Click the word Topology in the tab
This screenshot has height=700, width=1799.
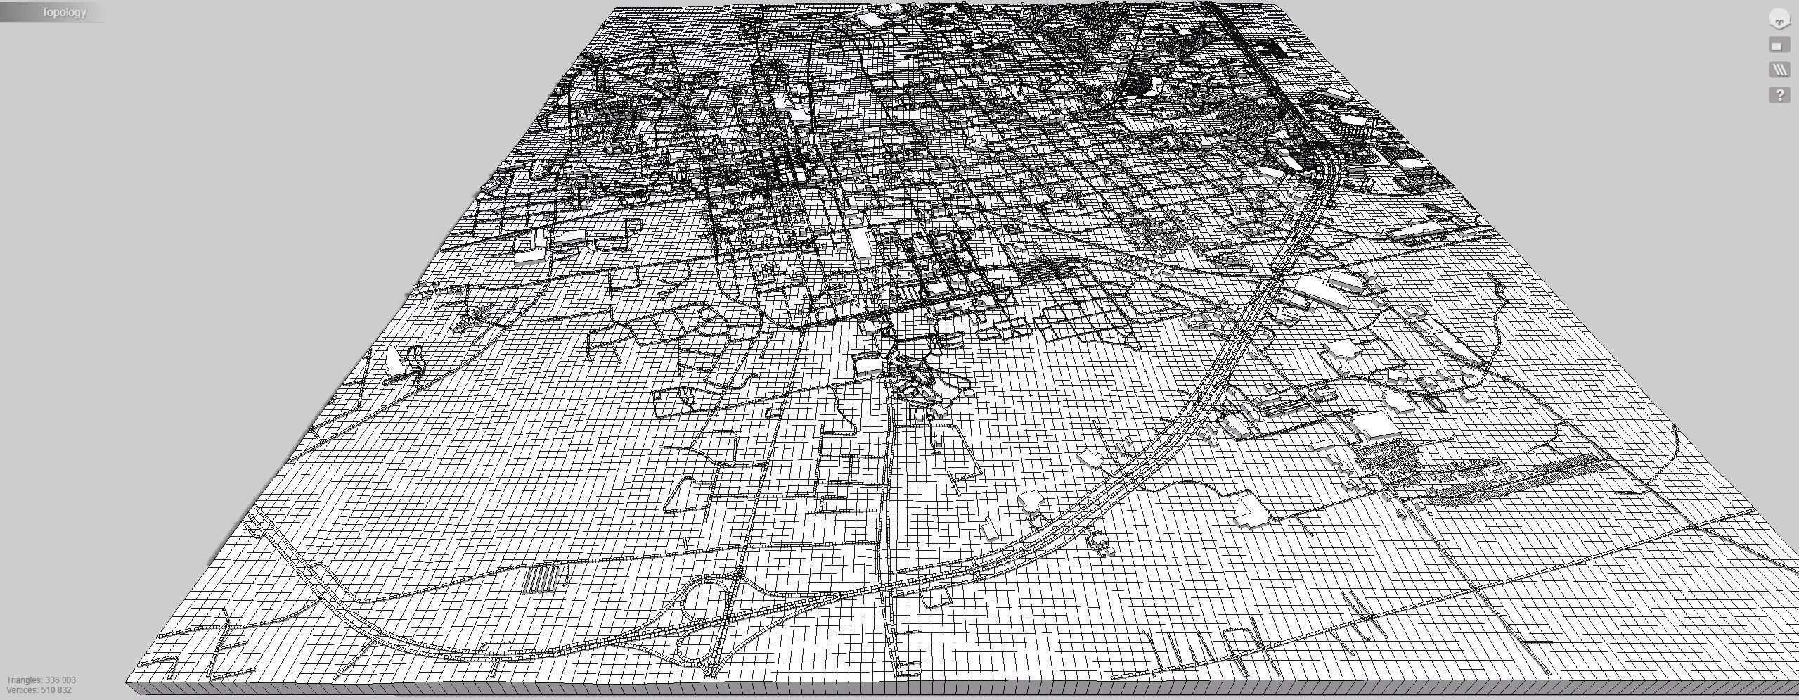[63, 13]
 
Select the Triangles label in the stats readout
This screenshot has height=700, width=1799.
[23, 680]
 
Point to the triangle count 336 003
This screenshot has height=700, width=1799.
[60, 680]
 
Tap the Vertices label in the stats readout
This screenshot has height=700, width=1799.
[22, 690]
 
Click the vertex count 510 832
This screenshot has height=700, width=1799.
[56, 690]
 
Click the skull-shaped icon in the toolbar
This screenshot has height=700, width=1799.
[1779, 20]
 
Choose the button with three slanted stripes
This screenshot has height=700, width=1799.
[1779, 70]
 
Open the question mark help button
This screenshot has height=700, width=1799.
[1779, 95]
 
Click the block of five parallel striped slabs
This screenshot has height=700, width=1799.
[546, 578]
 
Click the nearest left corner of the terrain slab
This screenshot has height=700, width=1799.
[127, 682]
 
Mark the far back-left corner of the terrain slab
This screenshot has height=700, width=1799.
[616, 8]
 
